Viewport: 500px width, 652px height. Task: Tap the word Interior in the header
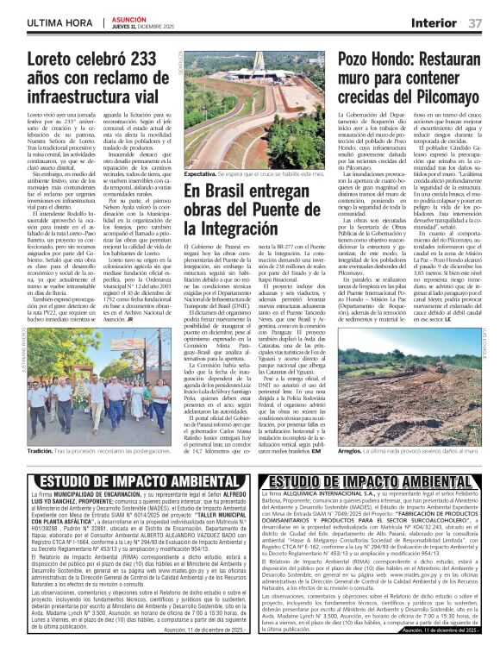[x=434, y=22]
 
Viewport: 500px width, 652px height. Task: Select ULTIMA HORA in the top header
[x=61, y=22]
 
